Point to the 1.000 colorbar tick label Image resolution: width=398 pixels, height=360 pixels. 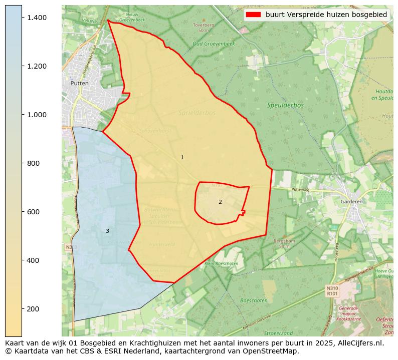[37, 115]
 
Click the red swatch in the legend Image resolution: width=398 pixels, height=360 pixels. [254, 15]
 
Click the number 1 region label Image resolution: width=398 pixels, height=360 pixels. [182, 158]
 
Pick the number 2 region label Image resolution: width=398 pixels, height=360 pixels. [220, 202]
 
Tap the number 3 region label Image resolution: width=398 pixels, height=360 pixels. [107, 231]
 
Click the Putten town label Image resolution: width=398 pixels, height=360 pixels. [79, 83]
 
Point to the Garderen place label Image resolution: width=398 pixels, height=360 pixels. [351, 202]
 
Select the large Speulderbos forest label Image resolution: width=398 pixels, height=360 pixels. [285, 106]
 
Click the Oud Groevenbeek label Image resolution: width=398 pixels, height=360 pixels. [214, 44]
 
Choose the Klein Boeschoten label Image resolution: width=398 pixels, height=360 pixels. [221, 263]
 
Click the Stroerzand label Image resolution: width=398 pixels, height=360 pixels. [278, 333]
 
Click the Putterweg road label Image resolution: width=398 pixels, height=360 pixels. [301, 190]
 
